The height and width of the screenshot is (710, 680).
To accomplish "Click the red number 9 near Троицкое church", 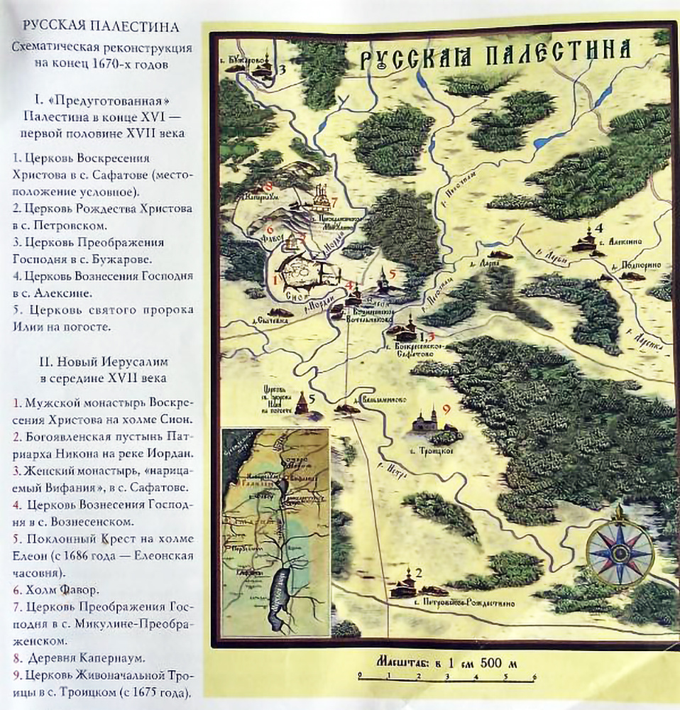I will coord(446,408).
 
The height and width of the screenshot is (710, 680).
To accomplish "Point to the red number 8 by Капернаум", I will coord(268,186).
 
